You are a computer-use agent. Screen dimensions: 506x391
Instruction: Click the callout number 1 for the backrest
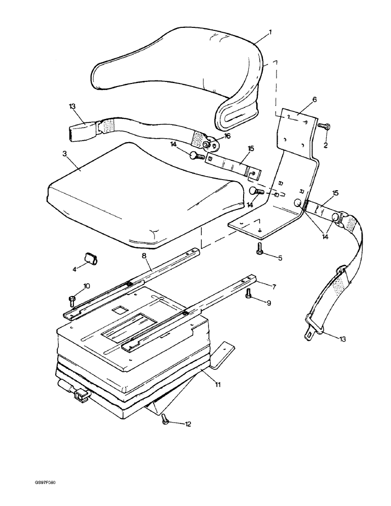pyautogui.click(x=270, y=32)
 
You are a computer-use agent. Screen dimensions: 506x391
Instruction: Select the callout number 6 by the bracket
pyautogui.click(x=314, y=100)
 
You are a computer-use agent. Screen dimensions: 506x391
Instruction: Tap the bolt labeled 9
pyautogui.click(x=248, y=293)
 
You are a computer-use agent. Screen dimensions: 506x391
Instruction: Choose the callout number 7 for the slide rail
pyautogui.click(x=273, y=287)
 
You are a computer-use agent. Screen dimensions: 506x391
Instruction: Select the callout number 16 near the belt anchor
pyautogui.click(x=226, y=136)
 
